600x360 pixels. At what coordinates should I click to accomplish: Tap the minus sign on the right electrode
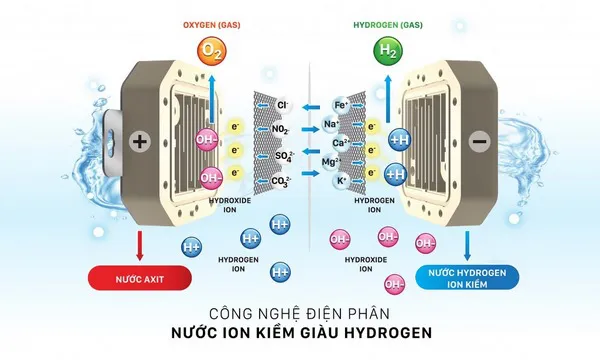pos(479,143)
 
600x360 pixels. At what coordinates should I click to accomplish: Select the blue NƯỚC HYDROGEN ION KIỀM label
pos(466,278)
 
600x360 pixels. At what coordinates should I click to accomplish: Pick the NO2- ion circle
pos(281,130)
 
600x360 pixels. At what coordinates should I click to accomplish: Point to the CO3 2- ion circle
pos(281,182)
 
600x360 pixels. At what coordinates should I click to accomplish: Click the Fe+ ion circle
pos(341,104)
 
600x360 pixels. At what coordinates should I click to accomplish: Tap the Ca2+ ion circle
pos(341,142)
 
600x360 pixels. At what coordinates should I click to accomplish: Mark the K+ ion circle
pos(341,181)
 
